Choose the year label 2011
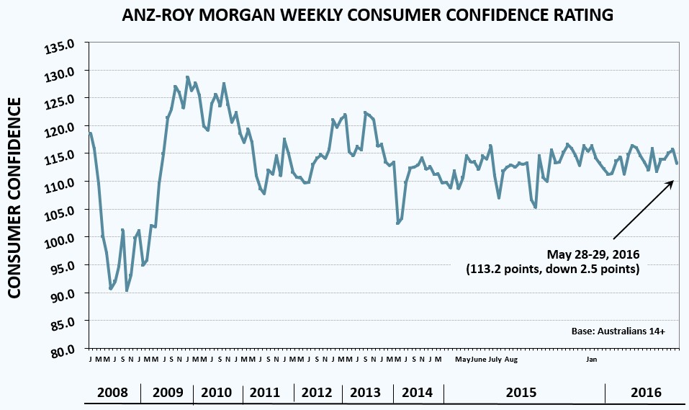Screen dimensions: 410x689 tap(265, 393)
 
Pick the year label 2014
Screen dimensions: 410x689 tap(418, 393)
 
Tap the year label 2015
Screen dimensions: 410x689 tap(521, 393)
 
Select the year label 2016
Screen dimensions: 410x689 tap(646, 393)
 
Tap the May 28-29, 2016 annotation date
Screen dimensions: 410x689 tap(593, 254)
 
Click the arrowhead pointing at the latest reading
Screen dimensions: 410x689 tap(670, 182)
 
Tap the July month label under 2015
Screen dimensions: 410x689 tap(495, 359)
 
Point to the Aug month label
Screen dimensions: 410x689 tap(510, 359)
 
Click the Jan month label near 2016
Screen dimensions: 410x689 tap(591, 359)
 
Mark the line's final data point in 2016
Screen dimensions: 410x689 tap(677, 164)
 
